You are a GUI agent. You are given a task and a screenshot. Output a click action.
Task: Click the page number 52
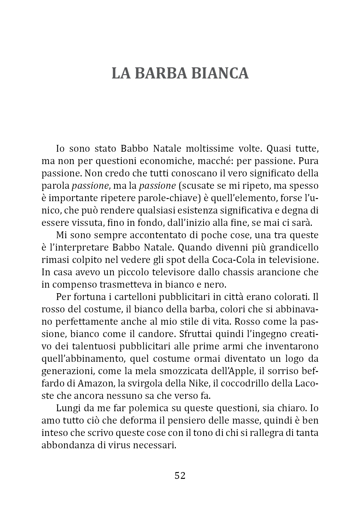[x=180, y=475]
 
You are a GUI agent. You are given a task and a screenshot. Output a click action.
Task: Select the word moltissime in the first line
[x=209, y=149]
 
